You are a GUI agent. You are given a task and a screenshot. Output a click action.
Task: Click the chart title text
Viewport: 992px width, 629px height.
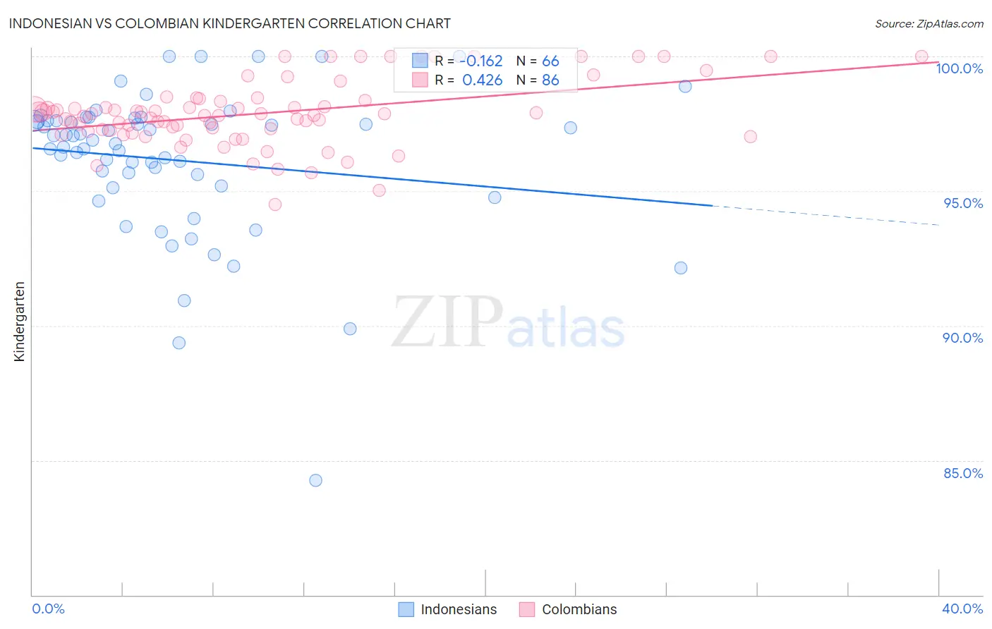point(229,23)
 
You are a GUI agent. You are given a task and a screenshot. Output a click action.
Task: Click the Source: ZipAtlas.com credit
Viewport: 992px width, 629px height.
point(929,23)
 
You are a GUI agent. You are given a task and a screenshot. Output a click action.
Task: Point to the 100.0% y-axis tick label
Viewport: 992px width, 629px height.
point(959,68)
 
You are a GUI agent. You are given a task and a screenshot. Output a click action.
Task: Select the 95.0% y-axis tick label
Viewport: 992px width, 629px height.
point(963,203)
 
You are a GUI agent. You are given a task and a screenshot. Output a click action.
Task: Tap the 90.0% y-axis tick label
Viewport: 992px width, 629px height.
point(963,338)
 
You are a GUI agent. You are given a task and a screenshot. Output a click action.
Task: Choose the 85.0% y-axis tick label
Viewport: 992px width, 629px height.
point(963,473)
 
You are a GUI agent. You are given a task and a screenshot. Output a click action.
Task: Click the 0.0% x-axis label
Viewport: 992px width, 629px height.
point(48,609)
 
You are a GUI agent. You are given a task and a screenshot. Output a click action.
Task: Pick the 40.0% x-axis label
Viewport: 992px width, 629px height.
point(962,609)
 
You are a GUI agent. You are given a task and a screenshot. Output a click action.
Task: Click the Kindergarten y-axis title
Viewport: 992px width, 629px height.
point(19,322)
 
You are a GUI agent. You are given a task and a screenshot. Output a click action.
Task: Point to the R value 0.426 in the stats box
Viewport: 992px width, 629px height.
point(482,80)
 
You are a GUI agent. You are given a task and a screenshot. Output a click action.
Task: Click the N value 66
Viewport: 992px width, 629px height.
point(550,61)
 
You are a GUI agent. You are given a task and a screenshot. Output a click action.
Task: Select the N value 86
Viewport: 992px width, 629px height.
point(550,80)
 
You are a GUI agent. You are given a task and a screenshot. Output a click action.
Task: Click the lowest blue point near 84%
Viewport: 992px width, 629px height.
point(315,480)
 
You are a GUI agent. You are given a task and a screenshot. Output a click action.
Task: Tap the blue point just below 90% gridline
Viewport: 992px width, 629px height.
point(350,329)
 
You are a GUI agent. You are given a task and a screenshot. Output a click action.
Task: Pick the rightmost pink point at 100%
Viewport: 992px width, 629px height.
point(921,56)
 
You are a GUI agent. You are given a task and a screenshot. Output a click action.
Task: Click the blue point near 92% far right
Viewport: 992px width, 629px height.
point(681,268)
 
